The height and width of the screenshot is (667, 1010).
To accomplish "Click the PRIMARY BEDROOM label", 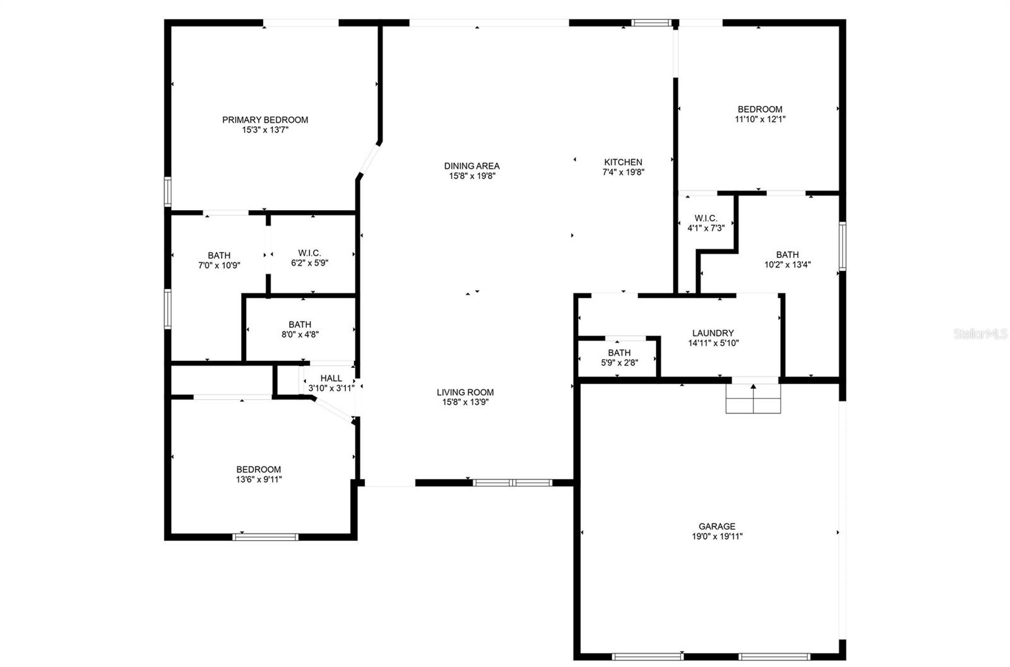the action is click(x=265, y=120).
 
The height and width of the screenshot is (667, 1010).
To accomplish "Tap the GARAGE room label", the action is click(x=717, y=526).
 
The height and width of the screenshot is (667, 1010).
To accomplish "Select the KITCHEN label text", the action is click(x=623, y=162).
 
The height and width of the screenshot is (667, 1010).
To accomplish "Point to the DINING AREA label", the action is click(x=472, y=166).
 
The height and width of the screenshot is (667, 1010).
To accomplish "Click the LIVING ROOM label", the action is click(x=465, y=392).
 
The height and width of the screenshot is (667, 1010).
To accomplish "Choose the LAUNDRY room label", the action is click(x=713, y=333).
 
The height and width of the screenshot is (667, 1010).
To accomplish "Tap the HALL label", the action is click(x=331, y=378).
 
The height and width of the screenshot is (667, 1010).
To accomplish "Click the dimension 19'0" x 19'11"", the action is click(x=717, y=536).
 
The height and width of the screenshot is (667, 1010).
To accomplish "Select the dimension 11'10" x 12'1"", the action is click(x=760, y=119).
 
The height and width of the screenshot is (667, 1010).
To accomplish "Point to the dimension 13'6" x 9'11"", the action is click(x=259, y=480).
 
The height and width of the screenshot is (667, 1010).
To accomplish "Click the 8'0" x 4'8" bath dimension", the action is click(x=300, y=334).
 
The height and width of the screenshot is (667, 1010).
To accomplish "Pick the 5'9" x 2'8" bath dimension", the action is click(x=619, y=363).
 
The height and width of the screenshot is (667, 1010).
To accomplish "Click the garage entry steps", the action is click(x=753, y=398).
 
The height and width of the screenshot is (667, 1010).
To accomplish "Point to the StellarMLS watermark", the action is click(x=981, y=334).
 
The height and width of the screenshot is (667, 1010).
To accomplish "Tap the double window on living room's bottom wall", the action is click(x=513, y=483).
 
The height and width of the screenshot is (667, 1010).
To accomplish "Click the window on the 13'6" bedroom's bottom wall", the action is click(x=265, y=537).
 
